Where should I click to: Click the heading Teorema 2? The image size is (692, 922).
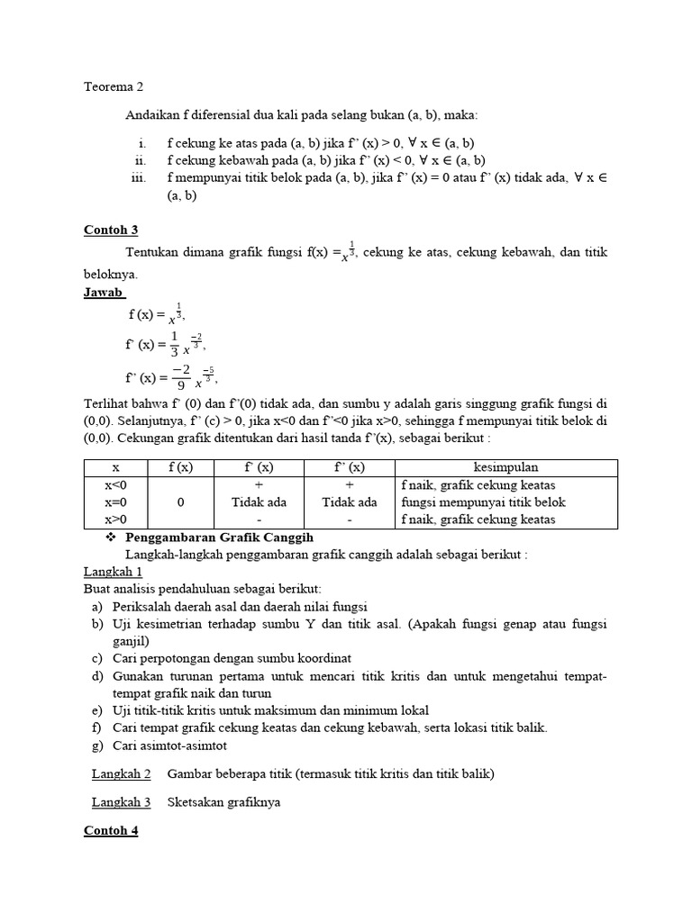[x=114, y=87]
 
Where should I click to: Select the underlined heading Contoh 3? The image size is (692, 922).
[x=111, y=230]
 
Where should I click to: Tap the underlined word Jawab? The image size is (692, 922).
[x=104, y=293]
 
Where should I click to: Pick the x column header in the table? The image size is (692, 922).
[x=115, y=467]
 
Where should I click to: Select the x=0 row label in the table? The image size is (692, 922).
[x=115, y=502]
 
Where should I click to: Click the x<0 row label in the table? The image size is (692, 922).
[x=115, y=485]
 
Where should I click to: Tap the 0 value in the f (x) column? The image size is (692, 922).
[x=181, y=502]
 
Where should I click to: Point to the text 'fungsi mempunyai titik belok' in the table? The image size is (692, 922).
[x=483, y=502]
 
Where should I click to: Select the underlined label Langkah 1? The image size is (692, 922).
[x=113, y=572]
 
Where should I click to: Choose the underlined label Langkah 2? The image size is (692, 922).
[x=121, y=773]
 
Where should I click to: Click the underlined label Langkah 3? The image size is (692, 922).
[x=121, y=801]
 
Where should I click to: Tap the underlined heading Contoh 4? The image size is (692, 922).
[x=111, y=830]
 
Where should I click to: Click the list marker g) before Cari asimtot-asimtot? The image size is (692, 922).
[x=96, y=746]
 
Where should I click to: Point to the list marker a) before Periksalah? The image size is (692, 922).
[x=96, y=606]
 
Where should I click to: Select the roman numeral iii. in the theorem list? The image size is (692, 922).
[x=138, y=177]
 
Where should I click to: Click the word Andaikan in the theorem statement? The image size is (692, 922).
[x=152, y=115]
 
